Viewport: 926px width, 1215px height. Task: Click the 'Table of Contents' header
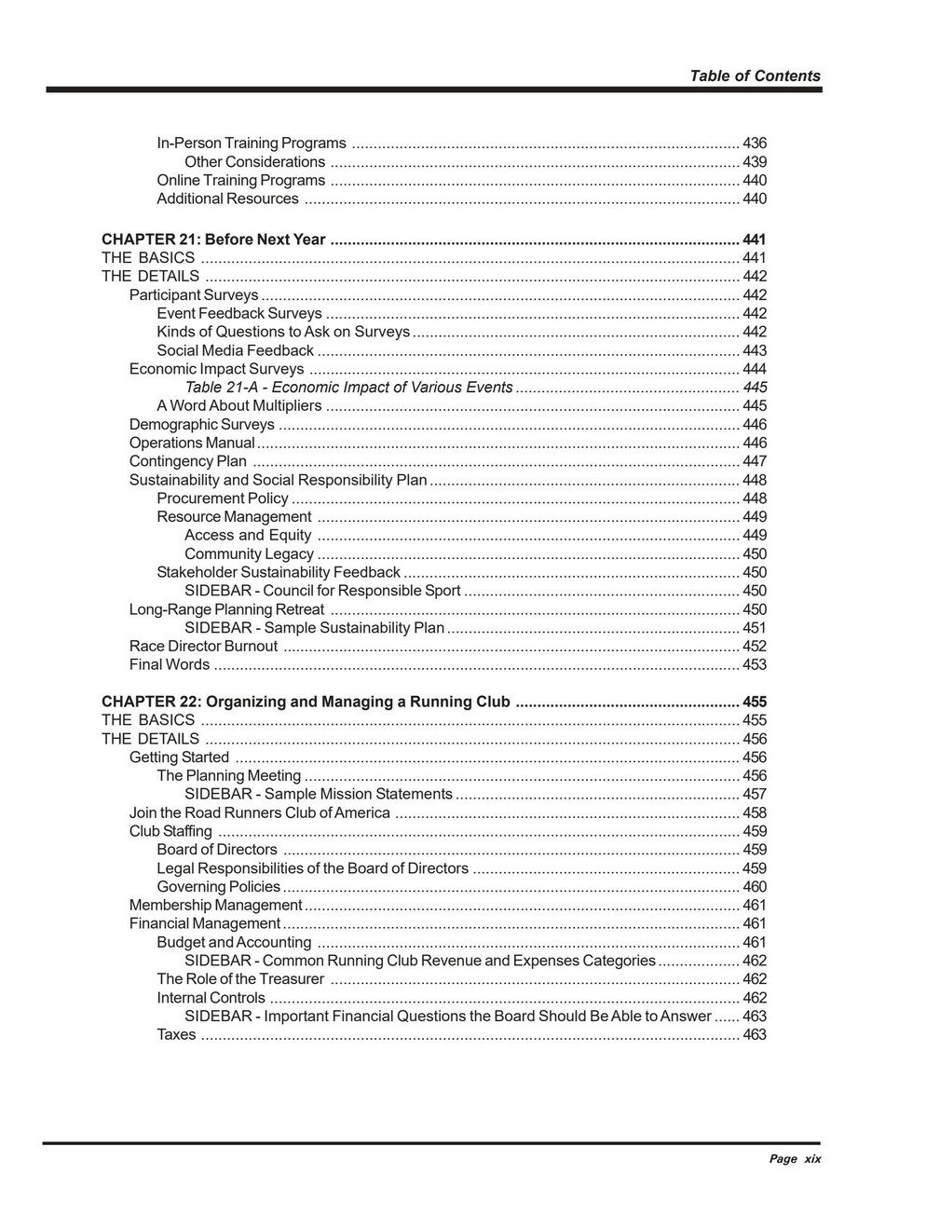click(x=755, y=76)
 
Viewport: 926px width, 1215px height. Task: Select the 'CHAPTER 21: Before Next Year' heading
click(x=213, y=239)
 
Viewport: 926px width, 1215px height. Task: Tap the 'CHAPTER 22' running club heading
click(x=306, y=702)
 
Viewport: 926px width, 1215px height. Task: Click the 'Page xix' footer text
click(x=795, y=1159)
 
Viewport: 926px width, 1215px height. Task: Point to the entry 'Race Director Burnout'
click(x=203, y=647)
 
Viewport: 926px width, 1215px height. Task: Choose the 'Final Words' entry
click(x=170, y=664)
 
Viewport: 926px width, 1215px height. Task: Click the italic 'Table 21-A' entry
click(x=348, y=388)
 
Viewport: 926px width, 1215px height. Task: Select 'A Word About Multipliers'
click(x=238, y=406)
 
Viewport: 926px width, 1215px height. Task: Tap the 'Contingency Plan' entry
click(x=188, y=461)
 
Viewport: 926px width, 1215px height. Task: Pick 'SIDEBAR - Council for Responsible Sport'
click(x=322, y=591)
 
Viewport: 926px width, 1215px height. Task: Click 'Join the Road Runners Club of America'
click(x=260, y=812)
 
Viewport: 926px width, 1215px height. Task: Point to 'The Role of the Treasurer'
click(x=240, y=979)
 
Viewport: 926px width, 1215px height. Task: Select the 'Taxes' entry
click(x=176, y=1034)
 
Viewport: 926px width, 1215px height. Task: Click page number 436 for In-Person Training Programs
click(x=755, y=143)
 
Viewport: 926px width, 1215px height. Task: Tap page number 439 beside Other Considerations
click(x=755, y=162)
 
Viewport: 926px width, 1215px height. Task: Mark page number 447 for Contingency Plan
click(x=755, y=461)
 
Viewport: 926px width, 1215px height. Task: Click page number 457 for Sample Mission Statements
click(x=755, y=794)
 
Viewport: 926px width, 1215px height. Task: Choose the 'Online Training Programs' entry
click(x=240, y=181)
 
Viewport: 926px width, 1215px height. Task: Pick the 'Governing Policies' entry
click(x=218, y=887)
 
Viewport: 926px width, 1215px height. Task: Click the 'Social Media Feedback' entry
click(x=235, y=350)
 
